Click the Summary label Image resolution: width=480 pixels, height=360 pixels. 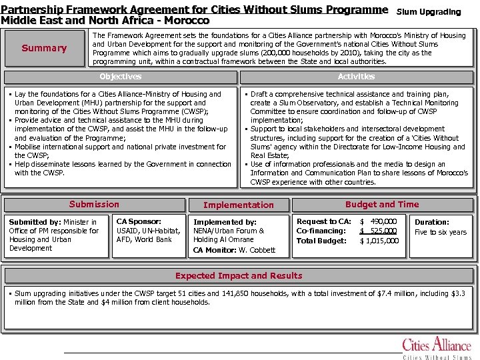[x=44, y=48]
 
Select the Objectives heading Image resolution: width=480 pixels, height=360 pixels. [x=120, y=77]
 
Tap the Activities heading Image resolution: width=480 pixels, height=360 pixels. [x=356, y=77]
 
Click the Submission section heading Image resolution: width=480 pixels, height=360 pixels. [x=94, y=205]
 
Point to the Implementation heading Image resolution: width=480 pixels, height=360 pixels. [x=238, y=205]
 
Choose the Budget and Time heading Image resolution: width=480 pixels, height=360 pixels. [x=382, y=205]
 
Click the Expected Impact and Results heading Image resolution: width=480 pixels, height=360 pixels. [x=239, y=275]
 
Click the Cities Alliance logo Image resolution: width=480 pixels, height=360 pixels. [x=437, y=348]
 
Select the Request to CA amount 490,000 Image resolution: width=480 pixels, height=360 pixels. [x=381, y=221]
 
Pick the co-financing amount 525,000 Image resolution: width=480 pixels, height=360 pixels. [x=381, y=231]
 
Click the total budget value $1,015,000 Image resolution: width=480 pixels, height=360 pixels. [x=379, y=241]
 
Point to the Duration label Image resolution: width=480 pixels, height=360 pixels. [x=432, y=223]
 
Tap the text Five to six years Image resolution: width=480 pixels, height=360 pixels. [x=441, y=232]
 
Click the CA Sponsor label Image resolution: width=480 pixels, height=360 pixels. [x=139, y=221]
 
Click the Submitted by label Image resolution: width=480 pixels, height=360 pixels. [x=34, y=222]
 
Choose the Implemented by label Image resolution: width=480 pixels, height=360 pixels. [x=225, y=222]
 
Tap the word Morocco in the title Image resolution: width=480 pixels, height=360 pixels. [x=187, y=21]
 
